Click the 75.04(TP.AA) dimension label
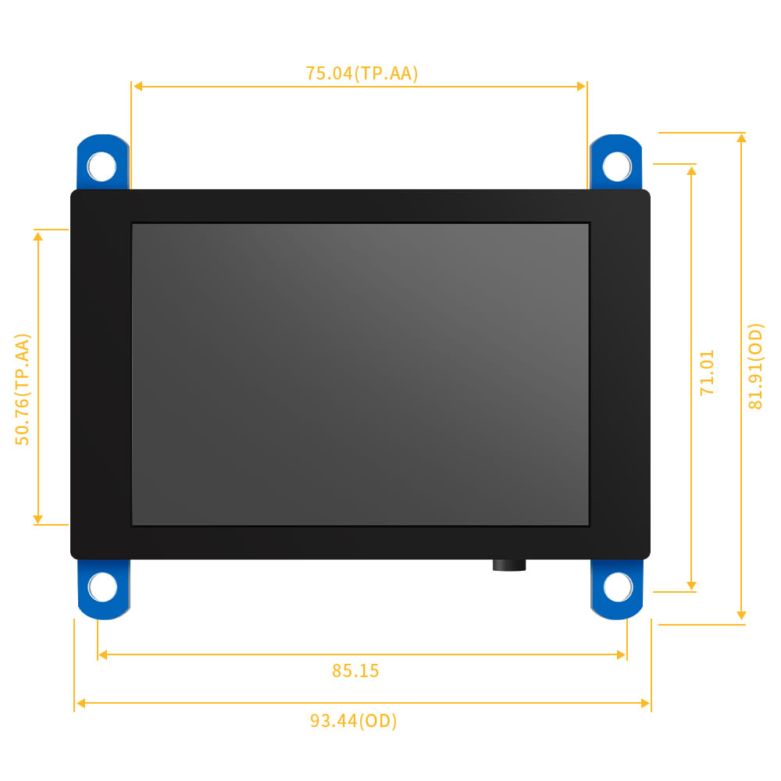tap(362, 73)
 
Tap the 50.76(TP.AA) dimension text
tap(23, 389)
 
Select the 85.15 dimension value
tap(355, 671)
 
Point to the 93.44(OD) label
tap(354, 721)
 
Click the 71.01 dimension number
tap(707, 373)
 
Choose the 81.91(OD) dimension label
tap(755, 366)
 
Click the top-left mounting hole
tap(102, 166)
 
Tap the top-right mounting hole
tap(617, 166)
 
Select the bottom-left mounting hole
tap(102, 587)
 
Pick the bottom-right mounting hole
tap(618, 587)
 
